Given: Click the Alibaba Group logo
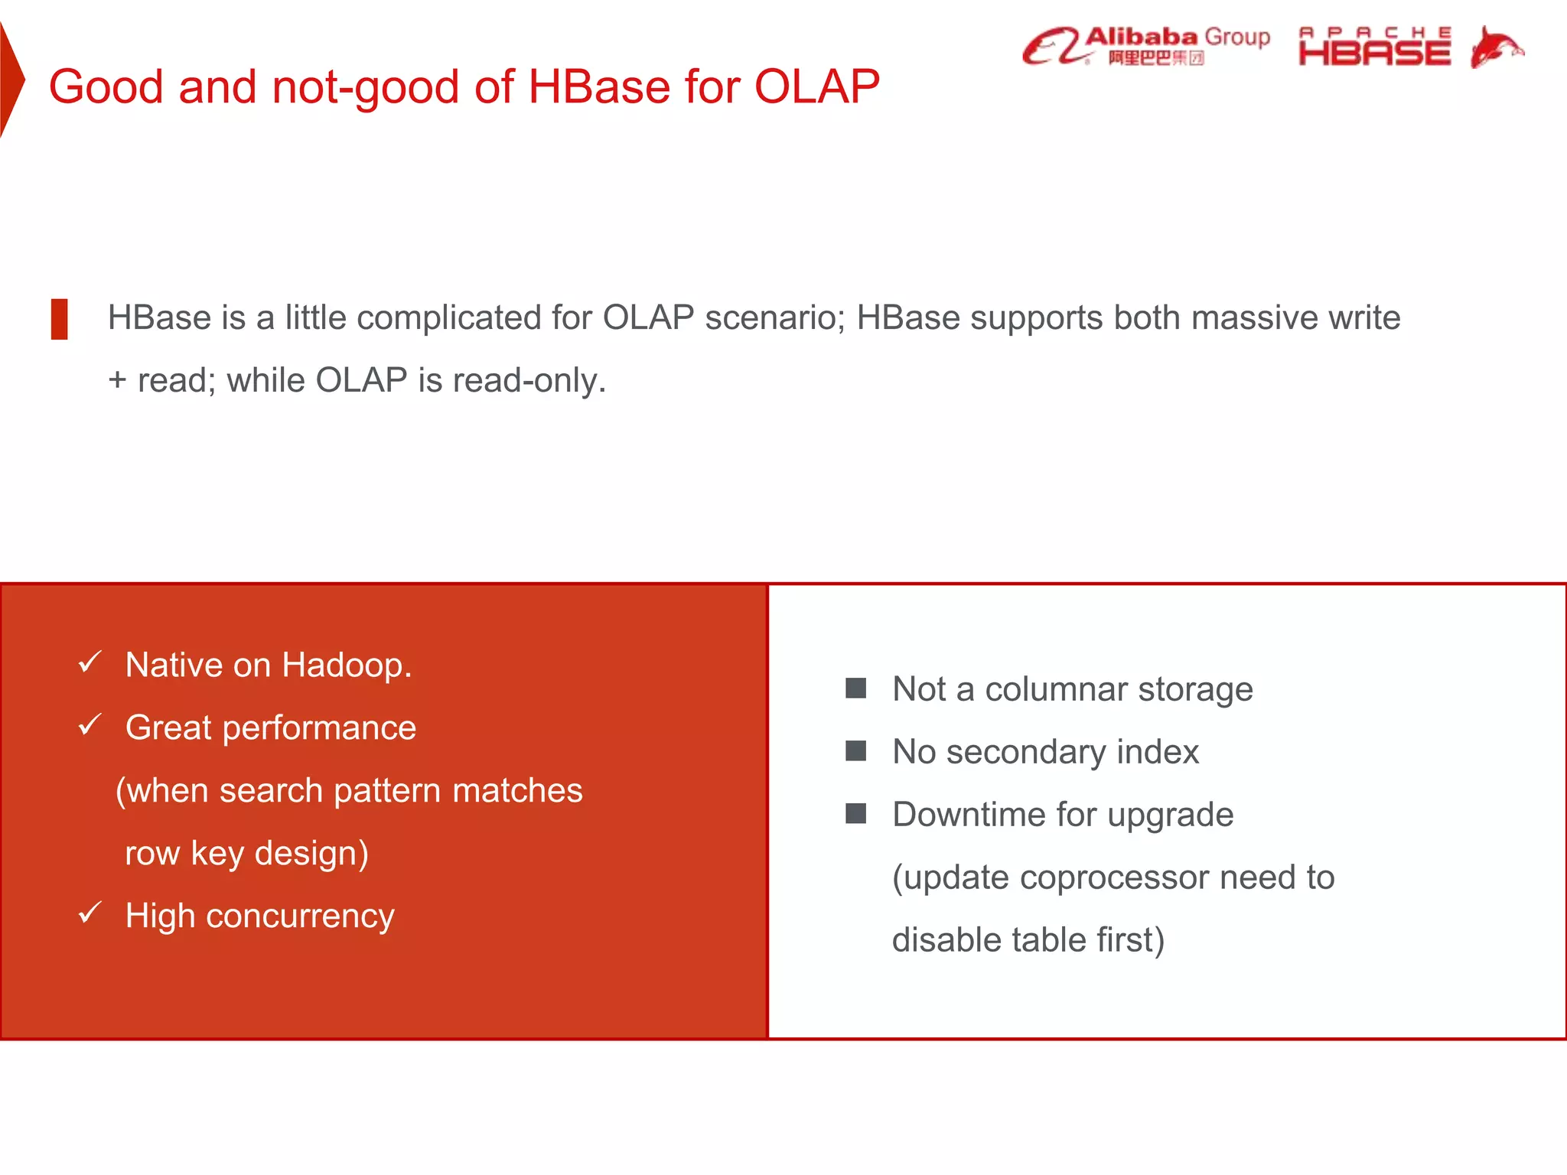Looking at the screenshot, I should click(x=1145, y=46).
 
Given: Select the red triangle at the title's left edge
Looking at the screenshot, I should click(x=11, y=80).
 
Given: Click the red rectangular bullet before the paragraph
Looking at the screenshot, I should click(x=59, y=319).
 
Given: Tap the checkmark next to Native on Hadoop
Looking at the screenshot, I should click(x=90, y=662).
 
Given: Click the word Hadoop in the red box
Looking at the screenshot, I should click(x=346, y=665).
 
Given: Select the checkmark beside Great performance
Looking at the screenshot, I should click(x=90, y=724).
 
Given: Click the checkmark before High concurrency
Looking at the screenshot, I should click(x=90, y=913).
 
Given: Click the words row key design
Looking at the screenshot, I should click(x=246, y=853).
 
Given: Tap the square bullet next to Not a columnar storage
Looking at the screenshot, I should click(x=855, y=688).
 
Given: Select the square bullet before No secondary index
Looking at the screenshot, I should click(x=855, y=751).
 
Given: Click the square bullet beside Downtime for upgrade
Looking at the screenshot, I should click(x=855, y=814).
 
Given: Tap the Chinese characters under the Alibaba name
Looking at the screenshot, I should click(x=1155, y=58).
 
